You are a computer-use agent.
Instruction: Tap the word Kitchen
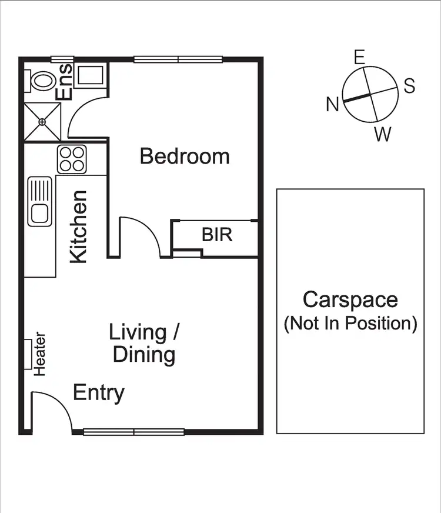coord(78,226)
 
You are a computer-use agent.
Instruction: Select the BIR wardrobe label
coord(217,235)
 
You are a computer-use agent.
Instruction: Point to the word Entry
coord(99,392)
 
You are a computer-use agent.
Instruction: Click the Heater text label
coord(40,354)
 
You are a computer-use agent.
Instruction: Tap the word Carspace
coord(350,299)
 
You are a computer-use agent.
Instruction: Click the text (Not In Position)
coord(350,323)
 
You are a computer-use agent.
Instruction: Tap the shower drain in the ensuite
coord(42,122)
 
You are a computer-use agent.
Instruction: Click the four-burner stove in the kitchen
coord(72,159)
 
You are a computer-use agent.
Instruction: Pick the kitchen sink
coord(40,201)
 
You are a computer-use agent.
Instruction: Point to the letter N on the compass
coord(333,104)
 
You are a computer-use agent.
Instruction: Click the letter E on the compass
coord(360,57)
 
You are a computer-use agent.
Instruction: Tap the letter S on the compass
coord(409,86)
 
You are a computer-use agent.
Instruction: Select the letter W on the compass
coord(382,135)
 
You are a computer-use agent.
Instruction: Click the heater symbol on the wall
coord(28,354)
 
